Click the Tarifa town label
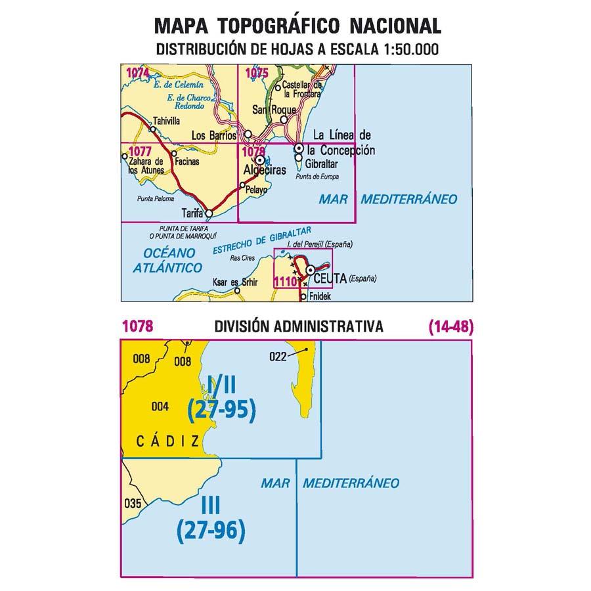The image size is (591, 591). [x=191, y=213]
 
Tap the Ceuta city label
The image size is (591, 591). [x=329, y=278]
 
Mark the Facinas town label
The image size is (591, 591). [x=188, y=161]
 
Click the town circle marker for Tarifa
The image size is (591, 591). [x=209, y=213]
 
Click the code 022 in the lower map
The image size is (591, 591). [x=278, y=357]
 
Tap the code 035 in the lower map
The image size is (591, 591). [x=133, y=504]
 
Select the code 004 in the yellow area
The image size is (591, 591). [x=160, y=406]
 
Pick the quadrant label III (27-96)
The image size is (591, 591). [x=211, y=517]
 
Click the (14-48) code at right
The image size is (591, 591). [x=450, y=326]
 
